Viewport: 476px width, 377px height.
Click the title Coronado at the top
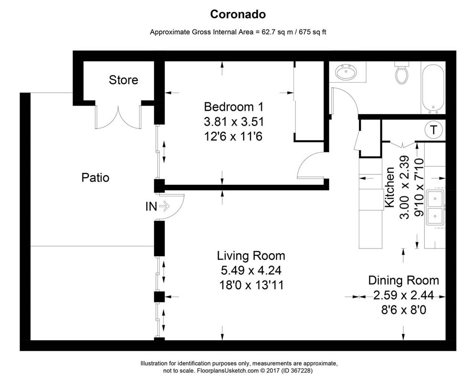click(238, 15)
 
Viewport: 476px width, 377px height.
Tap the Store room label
click(123, 80)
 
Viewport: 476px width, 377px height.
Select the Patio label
click(95, 178)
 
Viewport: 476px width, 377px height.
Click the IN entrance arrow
click(164, 206)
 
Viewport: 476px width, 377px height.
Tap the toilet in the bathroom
click(401, 74)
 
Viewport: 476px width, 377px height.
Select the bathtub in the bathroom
click(433, 88)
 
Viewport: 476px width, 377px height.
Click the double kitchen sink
click(435, 208)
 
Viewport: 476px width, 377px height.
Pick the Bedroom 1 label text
click(234, 106)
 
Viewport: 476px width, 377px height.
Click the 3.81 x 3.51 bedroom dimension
click(234, 121)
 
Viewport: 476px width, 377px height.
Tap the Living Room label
click(251, 255)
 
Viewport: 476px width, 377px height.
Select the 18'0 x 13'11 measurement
click(251, 286)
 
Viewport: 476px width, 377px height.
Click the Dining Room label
click(403, 280)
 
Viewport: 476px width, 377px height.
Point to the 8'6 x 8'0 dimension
click(403, 310)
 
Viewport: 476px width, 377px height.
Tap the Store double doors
click(118, 117)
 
